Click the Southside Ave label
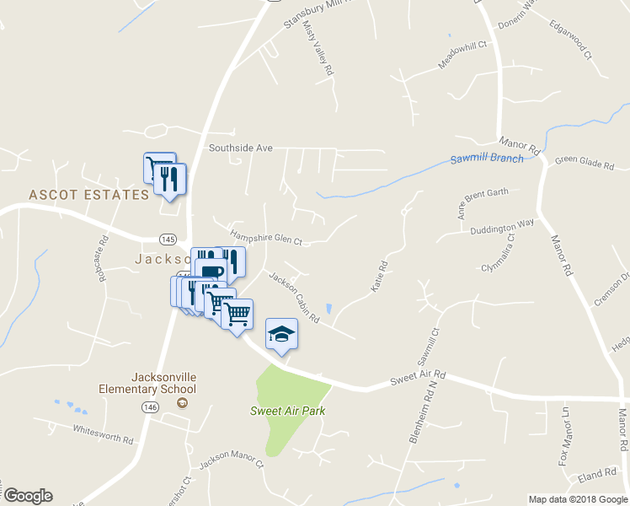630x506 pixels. coord(241,148)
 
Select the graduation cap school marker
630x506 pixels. coord(282,333)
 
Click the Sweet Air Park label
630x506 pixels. coord(287,411)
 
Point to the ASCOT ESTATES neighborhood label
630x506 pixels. coord(88,195)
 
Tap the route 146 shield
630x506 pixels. coord(150,406)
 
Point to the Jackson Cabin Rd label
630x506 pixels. coord(294,297)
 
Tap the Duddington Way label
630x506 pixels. coord(503,224)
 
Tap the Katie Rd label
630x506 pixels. coord(379,277)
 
